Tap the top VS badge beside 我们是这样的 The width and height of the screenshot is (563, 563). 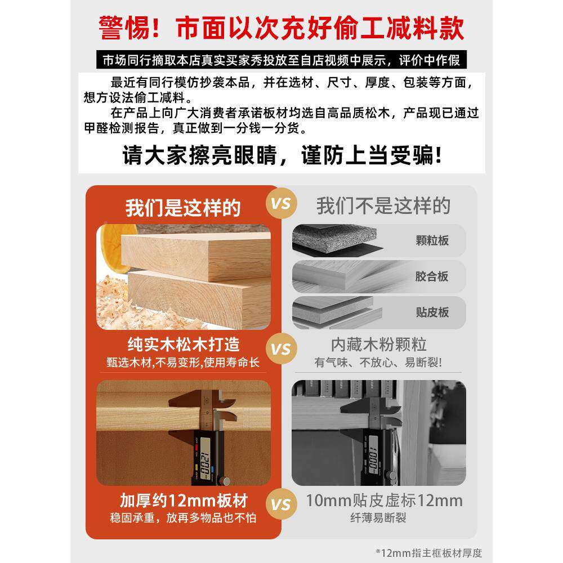pyautogui.click(x=280, y=203)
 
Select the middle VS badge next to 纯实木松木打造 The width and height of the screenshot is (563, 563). pyautogui.click(x=280, y=349)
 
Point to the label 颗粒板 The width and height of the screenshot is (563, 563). pyautogui.click(x=432, y=241)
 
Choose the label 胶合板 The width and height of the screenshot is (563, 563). pyautogui.click(x=432, y=276)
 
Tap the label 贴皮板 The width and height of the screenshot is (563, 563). pyautogui.click(x=432, y=312)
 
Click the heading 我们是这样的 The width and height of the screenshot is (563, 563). pyautogui.click(x=183, y=207)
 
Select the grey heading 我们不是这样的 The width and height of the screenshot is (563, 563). pyautogui.click(x=383, y=205)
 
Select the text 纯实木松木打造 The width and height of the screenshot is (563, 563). pyautogui.click(x=183, y=343)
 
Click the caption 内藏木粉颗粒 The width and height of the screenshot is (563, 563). pyautogui.click(x=378, y=343)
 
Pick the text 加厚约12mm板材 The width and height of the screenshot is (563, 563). pyautogui.click(x=184, y=500)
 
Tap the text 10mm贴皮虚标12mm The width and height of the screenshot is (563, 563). pyautogui.click(x=385, y=500)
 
